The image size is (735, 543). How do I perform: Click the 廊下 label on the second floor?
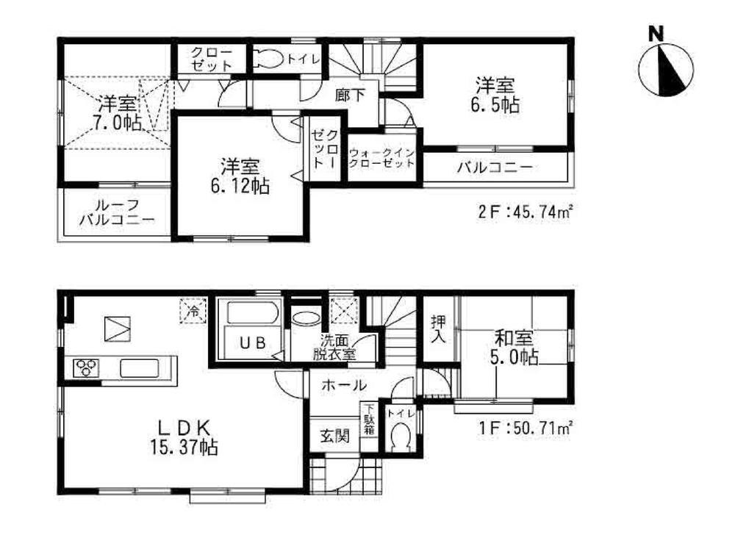click(x=346, y=94)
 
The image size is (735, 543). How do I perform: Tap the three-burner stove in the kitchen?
click(x=86, y=367)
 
